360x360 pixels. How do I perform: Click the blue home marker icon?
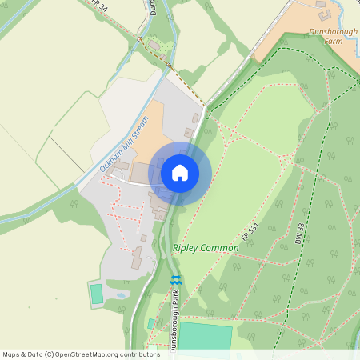[x=180, y=172]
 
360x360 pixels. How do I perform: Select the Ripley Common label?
[x=206, y=248]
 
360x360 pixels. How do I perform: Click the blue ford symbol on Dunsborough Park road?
[x=176, y=279]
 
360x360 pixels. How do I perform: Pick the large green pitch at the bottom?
[x=205, y=336]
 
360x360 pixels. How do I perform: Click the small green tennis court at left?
[x=97, y=294]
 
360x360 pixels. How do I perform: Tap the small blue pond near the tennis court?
[x=120, y=294]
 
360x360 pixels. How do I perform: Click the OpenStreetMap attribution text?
[x=80, y=354]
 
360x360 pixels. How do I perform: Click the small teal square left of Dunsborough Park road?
[x=150, y=323]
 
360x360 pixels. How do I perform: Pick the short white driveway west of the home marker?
[x=128, y=182]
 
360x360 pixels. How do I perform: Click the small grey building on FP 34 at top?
[x=152, y=45]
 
